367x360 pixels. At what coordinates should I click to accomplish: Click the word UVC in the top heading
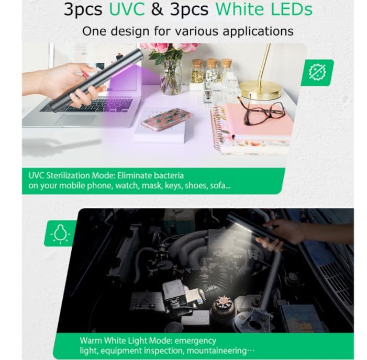coord(127,9)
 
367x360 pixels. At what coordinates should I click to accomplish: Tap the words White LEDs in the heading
coord(264,9)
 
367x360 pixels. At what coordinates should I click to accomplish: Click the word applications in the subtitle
coord(258,31)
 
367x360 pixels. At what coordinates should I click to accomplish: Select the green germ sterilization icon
coord(317,73)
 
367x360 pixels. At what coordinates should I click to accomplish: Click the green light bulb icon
coord(60,234)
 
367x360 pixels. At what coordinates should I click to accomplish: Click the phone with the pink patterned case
coord(166,119)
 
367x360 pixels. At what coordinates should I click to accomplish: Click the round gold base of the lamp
coord(260,90)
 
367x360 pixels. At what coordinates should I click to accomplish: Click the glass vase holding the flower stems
coord(171,77)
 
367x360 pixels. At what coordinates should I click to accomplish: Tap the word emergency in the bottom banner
coord(195,341)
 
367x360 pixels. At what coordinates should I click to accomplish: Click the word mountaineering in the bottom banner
coord(216,351)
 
